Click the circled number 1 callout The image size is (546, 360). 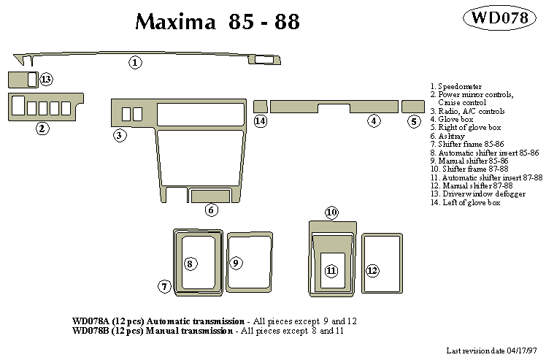136,63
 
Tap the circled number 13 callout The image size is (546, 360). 46,79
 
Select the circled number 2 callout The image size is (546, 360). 43,129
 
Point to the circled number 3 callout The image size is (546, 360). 120,135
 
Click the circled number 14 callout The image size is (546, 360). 261,121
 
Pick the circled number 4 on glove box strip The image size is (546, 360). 374,121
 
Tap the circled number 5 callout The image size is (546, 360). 414,121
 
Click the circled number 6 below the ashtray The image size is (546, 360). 211,210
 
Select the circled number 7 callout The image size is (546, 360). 165,286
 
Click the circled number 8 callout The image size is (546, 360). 190,264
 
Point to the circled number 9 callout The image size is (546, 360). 236,263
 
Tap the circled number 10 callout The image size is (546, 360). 331,212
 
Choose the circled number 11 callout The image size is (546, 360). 331,271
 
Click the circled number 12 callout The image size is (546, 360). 372,271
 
